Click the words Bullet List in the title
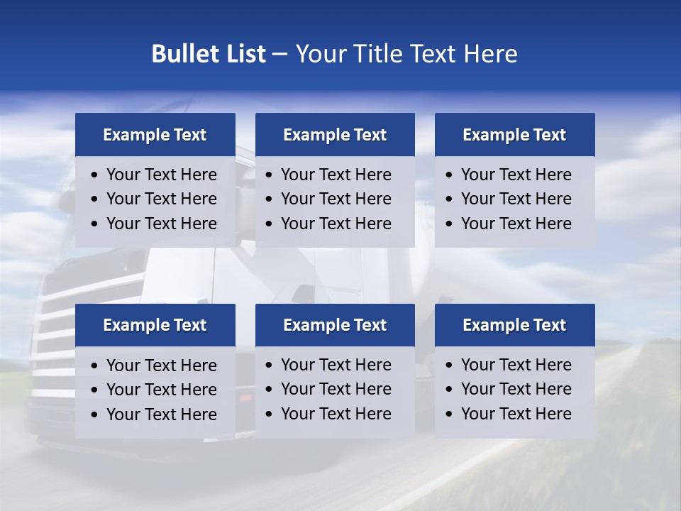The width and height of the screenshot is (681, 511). [209, 54]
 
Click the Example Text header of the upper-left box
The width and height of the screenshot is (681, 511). [155, 135]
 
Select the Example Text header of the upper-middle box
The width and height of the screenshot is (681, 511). [335, 135]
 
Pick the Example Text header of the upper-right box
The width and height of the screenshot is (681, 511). [514, 135]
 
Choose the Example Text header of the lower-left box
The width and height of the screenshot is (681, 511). [155, 325]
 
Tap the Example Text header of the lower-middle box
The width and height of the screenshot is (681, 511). [335, 325]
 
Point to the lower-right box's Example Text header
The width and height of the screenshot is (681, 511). [514, 325]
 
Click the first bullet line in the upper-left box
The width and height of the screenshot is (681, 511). [161, 175]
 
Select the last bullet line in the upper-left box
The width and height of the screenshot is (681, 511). [161, 224]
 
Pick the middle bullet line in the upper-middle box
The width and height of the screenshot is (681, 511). [336, 199]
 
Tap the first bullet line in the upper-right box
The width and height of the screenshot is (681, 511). [516, 175]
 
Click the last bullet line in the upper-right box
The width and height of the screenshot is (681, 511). [516, 224]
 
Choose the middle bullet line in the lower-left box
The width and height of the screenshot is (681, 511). [161, 390]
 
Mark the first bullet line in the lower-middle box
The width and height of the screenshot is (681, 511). [336, 365]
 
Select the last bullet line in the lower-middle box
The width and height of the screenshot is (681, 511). [336, 414]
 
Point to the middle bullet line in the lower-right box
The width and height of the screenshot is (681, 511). [516, 389]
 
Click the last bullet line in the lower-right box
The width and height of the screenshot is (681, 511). [516, 414]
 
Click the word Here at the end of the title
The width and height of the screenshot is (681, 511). [490, 54]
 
